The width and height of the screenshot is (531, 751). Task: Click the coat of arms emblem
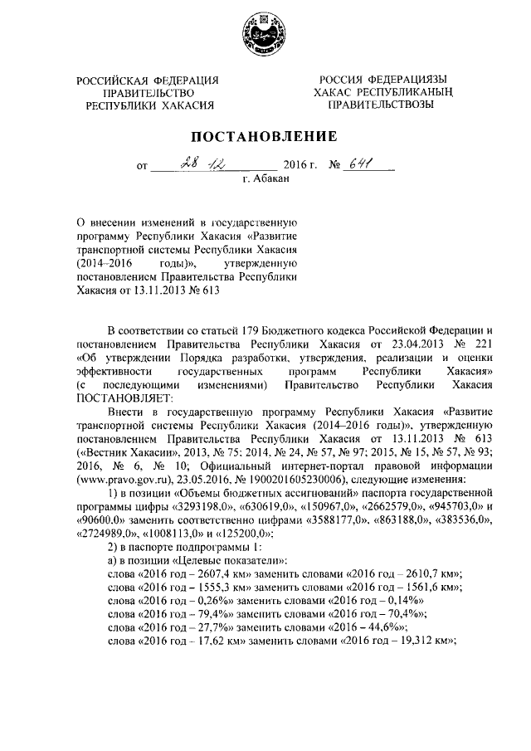click(266, 37)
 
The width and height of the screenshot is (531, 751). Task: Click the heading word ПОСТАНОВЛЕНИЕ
click(265, 136)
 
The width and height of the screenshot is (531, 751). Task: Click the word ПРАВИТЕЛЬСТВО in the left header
click(148, 93)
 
